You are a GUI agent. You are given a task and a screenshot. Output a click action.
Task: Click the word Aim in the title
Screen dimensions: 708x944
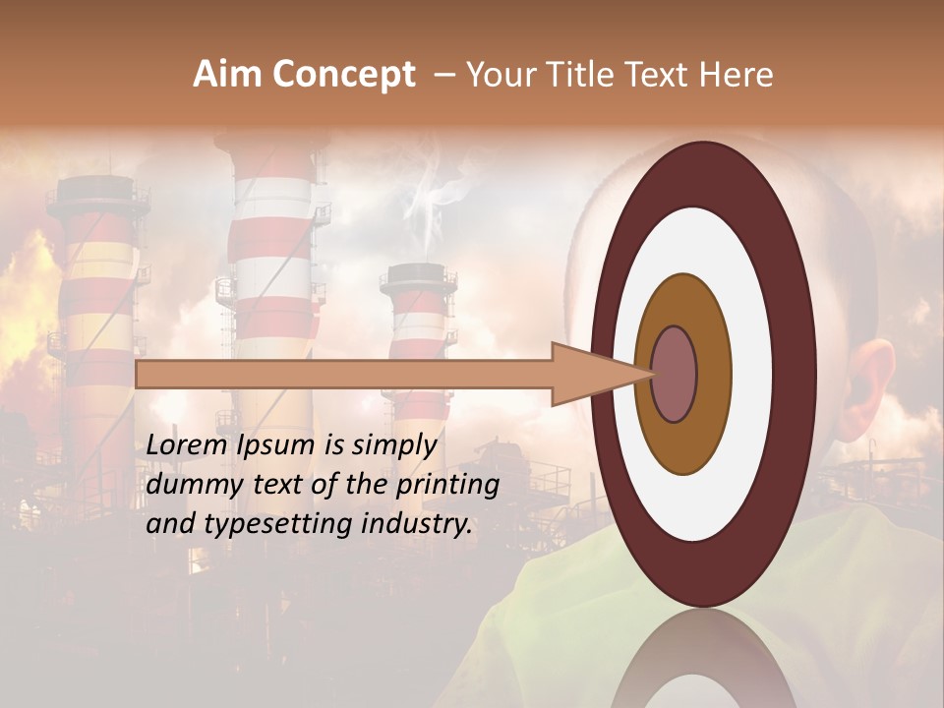[227, 75]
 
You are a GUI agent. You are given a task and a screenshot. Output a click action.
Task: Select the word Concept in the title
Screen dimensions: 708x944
[343, 75]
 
